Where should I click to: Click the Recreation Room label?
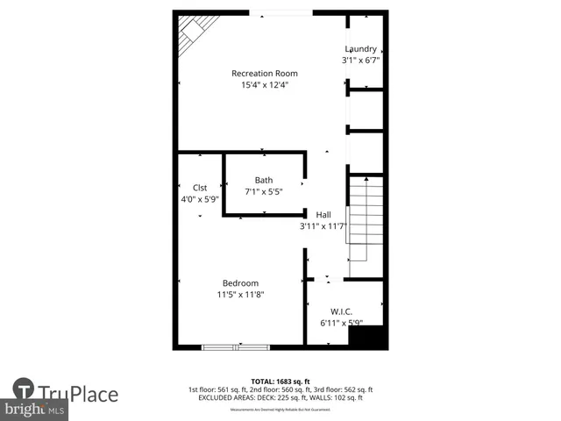pos(264,73)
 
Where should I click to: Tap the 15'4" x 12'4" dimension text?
pos(264,85)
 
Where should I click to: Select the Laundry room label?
pos(360,49)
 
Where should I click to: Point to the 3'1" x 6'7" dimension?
pos(360,61)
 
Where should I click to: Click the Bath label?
pos(264,181)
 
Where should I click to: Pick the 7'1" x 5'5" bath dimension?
pos(264,192)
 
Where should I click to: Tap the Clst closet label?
pos(199,187)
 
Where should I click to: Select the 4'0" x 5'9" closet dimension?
pos(199,199)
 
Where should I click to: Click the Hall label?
pos(323,214)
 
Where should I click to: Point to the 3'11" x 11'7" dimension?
pos(323,226)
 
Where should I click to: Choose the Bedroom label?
pos(240,282)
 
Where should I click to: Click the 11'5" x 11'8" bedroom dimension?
pos(240,295)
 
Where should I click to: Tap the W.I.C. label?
pos(341,311)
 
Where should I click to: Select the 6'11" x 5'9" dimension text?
pos(341,324)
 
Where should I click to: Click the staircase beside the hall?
pos(366,219)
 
